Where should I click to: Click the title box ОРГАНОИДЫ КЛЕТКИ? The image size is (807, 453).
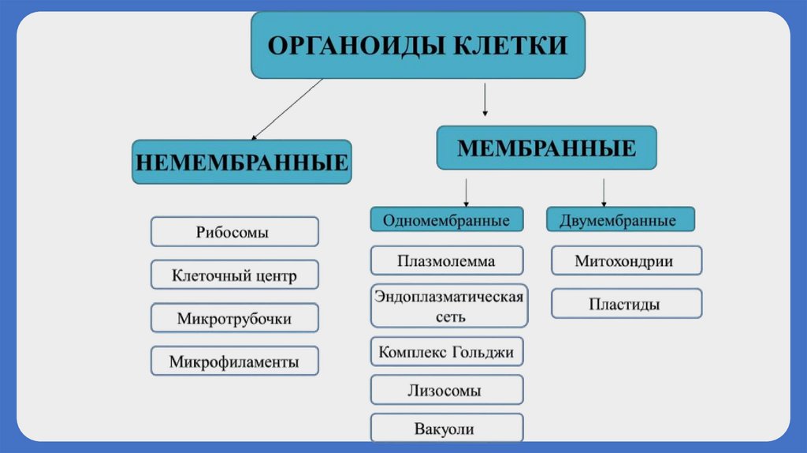coord(418,44)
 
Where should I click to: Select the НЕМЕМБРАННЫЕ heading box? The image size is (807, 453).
coord(242,162)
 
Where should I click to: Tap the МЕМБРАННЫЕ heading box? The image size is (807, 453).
coord(546,147)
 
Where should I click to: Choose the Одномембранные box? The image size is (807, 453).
coord(446,220)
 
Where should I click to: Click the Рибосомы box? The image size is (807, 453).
coord(234,232)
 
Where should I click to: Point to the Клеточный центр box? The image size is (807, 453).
coord(234,275)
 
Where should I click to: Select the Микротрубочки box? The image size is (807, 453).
coord(234,319)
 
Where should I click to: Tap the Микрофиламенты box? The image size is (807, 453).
coord(234,362)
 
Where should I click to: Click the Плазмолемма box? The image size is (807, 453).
coord(446,260)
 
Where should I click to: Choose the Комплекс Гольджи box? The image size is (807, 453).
coord(446,351)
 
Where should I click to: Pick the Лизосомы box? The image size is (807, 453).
coord(446,390)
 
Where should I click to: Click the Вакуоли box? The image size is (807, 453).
coord(446,429)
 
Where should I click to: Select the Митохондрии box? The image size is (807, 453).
coord(625,260)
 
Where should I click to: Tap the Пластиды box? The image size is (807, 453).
coord(625,304)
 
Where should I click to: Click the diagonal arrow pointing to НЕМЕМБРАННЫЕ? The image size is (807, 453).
coord(287,109)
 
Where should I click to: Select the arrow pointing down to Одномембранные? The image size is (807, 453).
coord(467,192)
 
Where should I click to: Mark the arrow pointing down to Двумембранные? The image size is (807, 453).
coord(604,192)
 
